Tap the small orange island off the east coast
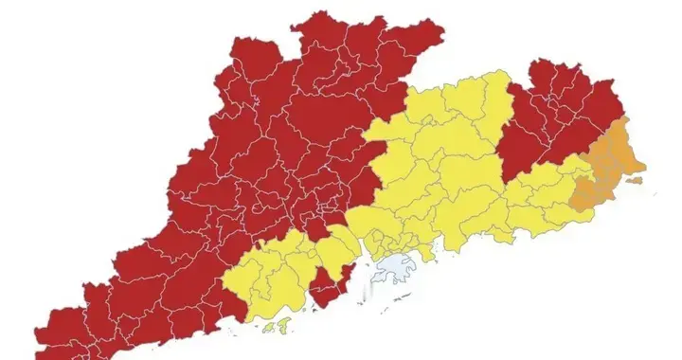pos(652,192)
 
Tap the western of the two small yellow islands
pos(267,329)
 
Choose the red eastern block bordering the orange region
pos(549,118)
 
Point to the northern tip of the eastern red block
pos(539,63)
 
